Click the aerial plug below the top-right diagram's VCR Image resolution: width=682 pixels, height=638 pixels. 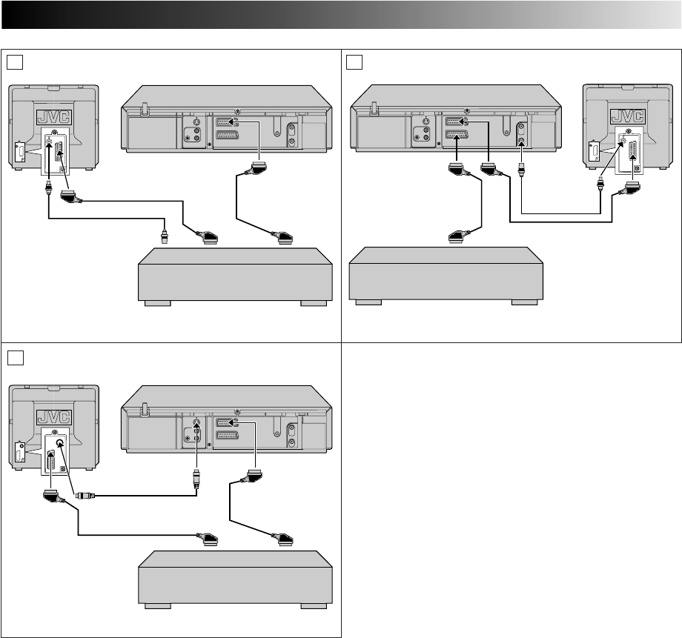point(523,175)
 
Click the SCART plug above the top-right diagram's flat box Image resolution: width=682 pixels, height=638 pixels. point(461,237)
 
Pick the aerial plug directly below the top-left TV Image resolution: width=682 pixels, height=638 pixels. point(49,189)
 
